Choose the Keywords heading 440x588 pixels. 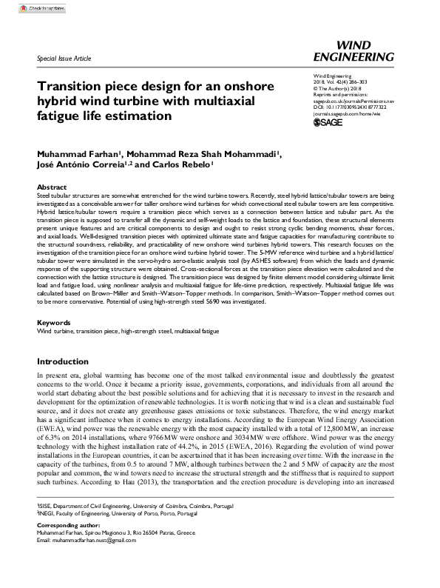tap(53, 323)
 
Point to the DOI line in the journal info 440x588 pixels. tap(348, 108)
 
